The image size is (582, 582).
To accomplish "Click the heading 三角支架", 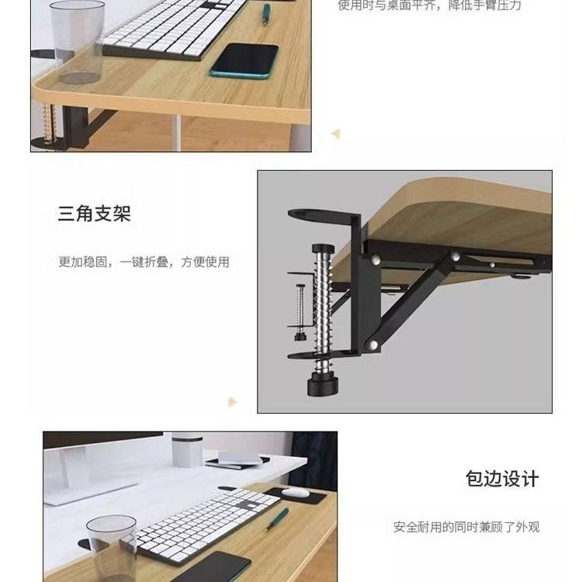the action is click(x=94, y=214).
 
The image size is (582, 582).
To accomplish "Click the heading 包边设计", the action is click(x=502, y=479).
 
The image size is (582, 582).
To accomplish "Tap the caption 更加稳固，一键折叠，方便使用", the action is click(x=144, y=262).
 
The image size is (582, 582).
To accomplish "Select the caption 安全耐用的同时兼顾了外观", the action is click(x=466, y=527).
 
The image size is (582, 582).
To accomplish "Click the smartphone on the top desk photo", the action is click(x=244, y=61).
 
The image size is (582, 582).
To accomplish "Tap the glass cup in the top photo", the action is click(x=78, y=42).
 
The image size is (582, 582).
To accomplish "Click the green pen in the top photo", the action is click(x=266, y=14).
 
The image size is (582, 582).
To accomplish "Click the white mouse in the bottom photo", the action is click(x=295, y=492).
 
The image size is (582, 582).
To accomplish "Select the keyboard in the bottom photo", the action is click(x=208, y=522).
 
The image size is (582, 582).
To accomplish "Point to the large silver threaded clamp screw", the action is click(x=322, y=308).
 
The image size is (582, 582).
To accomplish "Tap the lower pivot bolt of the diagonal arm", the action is click(x=372, y=345).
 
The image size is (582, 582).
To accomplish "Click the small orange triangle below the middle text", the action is click(x=232, y=402).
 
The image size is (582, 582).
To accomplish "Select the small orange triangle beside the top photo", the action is click(x=335, y=133).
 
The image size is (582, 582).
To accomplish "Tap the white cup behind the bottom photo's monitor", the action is click(x=188, y=449).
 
